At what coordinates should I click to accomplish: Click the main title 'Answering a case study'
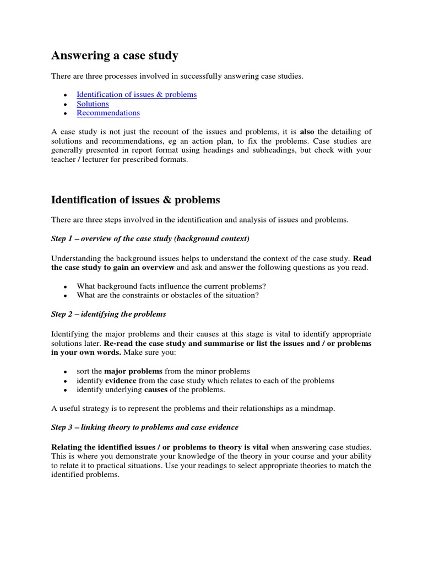(115, 55)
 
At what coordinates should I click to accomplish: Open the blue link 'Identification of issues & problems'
(136, 95)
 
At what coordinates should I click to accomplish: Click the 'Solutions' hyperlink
(93, 104)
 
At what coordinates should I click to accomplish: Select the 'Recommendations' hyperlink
(108, 113)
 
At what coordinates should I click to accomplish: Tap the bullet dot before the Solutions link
(65, 104)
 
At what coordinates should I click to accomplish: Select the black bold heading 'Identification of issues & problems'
(135, 199)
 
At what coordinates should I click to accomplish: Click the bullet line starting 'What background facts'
(171, 286)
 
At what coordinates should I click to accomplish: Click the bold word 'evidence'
(121, 381)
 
